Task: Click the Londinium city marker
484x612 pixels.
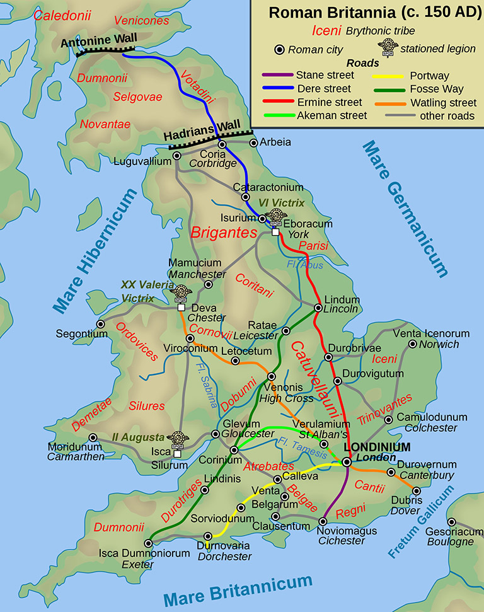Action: point(347,462)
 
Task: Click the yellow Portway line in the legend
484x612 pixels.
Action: point(390,76)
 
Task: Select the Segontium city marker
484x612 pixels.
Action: point(100,324)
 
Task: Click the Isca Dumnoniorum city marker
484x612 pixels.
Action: point(149,543)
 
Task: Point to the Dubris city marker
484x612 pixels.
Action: point(416,491)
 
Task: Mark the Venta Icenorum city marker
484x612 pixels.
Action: point(413,344)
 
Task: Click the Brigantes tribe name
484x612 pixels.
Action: point(224,233)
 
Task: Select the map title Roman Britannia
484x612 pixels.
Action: point(366,13)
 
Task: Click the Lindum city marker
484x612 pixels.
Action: point(316,308)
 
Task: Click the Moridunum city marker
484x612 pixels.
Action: point(93,437)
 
